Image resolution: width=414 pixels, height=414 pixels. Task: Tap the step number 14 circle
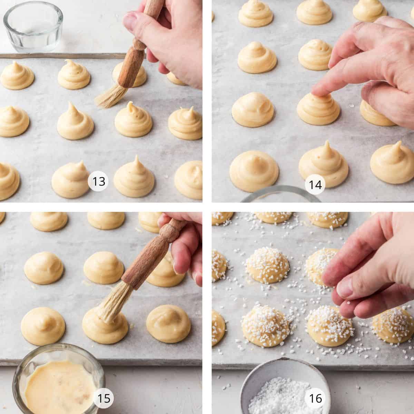click(315, 184)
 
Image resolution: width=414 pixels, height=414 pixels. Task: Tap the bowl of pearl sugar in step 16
click(284, 391)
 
